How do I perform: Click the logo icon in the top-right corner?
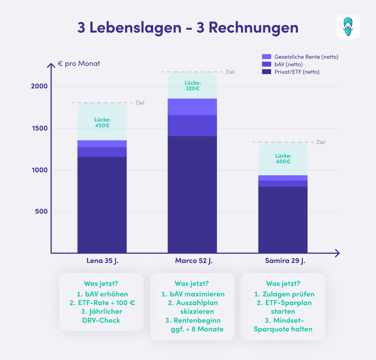348,27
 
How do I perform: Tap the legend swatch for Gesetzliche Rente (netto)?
266,57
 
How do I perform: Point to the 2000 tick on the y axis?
39,86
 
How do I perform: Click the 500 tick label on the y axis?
41,211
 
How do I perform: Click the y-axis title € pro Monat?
79,64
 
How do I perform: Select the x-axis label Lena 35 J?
102,261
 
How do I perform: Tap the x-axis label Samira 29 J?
283,261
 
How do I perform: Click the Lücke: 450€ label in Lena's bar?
102,123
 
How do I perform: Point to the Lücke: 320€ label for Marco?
192,86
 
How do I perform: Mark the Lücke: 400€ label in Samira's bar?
283,158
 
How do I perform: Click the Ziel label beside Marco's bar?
230,72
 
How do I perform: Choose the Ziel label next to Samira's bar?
320,142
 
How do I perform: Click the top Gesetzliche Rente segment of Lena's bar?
102,143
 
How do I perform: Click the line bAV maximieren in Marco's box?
193,294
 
